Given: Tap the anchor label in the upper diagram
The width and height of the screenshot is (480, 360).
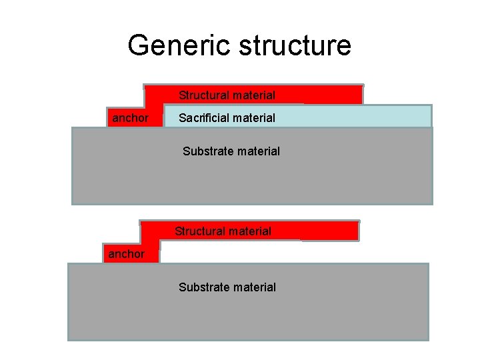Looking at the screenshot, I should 130,118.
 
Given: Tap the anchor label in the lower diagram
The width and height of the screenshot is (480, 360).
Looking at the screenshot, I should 126,254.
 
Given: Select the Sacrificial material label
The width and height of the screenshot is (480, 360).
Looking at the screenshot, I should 227,118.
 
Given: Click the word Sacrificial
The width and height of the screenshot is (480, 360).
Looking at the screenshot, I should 203,118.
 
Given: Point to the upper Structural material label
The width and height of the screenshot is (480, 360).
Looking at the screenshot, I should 227,95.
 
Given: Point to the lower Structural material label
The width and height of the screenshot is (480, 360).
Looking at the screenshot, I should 223,231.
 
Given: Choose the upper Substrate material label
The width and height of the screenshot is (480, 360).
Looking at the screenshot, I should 231,151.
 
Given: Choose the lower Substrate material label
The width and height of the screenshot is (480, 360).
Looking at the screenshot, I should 227,287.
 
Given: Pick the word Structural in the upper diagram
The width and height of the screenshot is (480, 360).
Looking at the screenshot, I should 203,95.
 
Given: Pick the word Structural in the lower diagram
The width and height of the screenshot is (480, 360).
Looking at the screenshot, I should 199,231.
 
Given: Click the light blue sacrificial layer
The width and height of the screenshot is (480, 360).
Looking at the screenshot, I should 360,117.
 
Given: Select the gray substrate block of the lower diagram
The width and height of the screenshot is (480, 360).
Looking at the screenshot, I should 333,313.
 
